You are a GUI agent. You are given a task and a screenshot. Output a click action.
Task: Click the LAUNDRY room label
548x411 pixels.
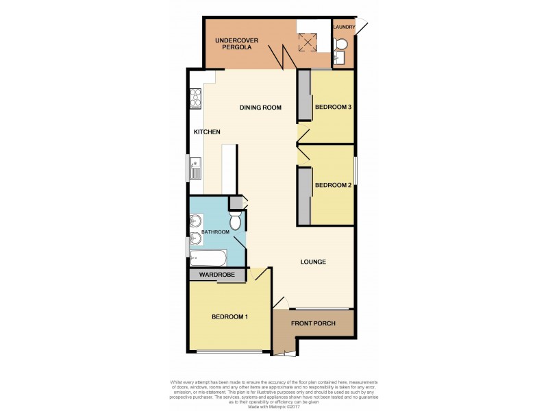pos(344,27)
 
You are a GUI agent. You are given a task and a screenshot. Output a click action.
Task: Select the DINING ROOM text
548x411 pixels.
pos(260,108)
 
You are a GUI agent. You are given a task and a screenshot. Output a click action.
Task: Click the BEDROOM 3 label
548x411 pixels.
pos(333,108)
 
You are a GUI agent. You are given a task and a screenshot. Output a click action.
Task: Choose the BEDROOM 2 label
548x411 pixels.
pos(333,185)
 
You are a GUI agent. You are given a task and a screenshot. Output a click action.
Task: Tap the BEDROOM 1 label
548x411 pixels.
pos(229,316)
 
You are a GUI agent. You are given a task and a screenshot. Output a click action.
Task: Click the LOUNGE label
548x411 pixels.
pos(312,262)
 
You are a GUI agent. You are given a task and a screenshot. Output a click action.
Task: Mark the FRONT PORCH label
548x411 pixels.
pos(313,323)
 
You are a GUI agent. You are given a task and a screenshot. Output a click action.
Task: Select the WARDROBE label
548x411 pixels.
pos(216,275)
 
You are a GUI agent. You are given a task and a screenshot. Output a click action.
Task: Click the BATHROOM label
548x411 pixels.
pos(215,233)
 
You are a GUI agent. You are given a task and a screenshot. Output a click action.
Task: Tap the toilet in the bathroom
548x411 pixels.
pos(235,221)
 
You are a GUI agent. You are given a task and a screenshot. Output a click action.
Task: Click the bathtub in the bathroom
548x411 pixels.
pos(208,259)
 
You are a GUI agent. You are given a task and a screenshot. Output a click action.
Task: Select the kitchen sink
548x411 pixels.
pos(196,167)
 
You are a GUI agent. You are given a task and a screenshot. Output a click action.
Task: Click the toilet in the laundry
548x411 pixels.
pos(340,45)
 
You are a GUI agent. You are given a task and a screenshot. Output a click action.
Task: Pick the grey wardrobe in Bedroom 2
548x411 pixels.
pos(303,195)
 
